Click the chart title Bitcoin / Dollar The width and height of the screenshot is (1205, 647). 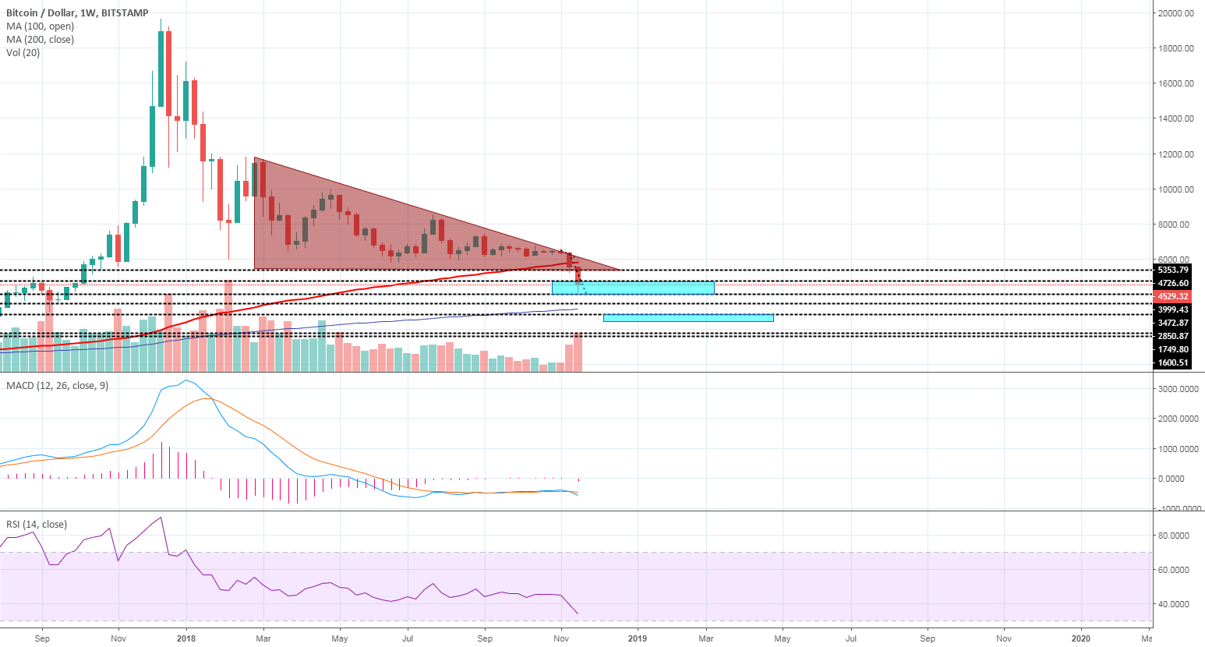tap(43, 13)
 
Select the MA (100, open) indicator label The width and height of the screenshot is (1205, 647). tap(40, 27)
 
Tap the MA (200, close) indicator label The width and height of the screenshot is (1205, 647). tap(40, 40)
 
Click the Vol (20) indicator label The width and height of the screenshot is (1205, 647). tap(23, 53)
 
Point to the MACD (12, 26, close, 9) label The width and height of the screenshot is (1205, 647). tap(57, 386)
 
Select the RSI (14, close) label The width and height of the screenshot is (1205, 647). tap(37, 525)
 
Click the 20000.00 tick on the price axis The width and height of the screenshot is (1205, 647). tap(1175, 13)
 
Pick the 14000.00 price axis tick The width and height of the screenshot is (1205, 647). tap(1175, 118)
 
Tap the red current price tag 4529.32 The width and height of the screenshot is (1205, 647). tap(1173, 297)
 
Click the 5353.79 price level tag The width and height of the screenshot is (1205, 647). tap(1173, 270)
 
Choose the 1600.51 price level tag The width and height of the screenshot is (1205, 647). tap(1173, 362)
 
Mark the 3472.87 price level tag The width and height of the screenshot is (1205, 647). tap(1173, 323)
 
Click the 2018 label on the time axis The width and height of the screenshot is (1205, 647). tap(186, 638)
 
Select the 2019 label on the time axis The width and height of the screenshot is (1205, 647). tap(638, 638)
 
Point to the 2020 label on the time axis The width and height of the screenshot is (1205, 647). tap(1081, 638)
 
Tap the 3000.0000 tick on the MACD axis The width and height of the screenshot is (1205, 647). tap(1178, 388)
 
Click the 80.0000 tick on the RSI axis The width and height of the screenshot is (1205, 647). tap(1173, 536)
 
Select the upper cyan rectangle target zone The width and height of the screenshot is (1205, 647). tap(633, 288)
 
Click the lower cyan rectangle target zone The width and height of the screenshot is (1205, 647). tap(688, 317)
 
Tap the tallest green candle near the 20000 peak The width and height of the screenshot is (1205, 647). tap(161, 69)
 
